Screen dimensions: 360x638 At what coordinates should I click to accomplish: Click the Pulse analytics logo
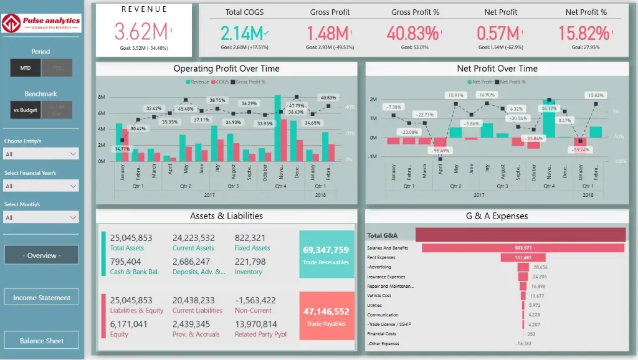tap(42, 24)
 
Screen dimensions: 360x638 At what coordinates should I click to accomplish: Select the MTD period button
tap(26, 68)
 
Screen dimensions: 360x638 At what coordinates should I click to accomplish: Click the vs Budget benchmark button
tap(26, 110)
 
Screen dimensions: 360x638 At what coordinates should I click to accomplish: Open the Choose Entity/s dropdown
tap(41, 153)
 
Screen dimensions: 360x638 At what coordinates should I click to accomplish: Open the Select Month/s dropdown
tap(41, 217)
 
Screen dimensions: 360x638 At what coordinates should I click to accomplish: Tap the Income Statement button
tap(42, 297)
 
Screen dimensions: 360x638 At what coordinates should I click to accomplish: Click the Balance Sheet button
tap(42, 340)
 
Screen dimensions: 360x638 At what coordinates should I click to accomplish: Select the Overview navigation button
tap(42, 255)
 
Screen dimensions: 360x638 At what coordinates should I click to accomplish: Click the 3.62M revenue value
tap(141, 32)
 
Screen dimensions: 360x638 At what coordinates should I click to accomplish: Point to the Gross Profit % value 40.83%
tap(412, 32)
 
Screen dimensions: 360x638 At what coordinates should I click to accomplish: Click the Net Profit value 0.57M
tap(498, 32)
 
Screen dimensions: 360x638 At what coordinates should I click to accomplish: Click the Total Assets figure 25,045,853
tap(131, 238)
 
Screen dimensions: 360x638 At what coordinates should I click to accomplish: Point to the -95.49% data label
tap(441, 151)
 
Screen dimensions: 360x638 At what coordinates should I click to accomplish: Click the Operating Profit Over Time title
tap(226, 69)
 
